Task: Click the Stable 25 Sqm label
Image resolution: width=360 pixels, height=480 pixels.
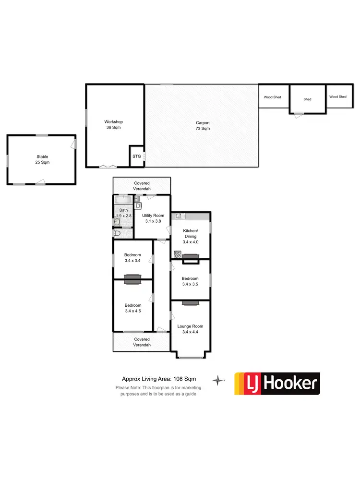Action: click(x=43, y=159)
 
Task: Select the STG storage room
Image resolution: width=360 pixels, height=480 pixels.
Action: click(x=137, y=156)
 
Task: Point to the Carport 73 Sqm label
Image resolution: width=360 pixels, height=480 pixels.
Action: click(x=203, y=126)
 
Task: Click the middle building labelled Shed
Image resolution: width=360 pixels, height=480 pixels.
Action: click(x=307, y=99)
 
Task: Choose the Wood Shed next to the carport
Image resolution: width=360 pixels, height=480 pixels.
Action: click(x=273, y=97)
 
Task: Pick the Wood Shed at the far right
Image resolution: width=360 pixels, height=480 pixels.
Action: click(x=337, y=97)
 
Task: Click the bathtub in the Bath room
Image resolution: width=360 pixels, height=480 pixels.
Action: click(x=123, y=201)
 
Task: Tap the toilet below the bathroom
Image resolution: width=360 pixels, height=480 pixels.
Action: click(x=118, y=233)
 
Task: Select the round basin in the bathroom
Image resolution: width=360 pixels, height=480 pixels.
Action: click(x=117, y=222)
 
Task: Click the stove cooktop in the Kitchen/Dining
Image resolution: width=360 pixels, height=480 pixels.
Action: click(x=177, y=254)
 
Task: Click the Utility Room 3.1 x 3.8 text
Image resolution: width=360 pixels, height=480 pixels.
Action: click(x=153, y=218)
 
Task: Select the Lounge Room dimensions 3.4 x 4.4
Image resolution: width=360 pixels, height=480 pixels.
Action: click(x=190, y=332)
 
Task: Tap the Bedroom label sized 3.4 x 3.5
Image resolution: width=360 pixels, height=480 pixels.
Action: click(x=190, y=281)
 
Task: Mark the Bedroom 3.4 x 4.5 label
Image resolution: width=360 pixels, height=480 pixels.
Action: click(x=133, y=308)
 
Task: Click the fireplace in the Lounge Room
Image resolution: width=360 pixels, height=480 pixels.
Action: click(x=191, y=302)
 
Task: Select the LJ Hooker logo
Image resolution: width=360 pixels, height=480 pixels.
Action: click(x=277, y=384)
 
